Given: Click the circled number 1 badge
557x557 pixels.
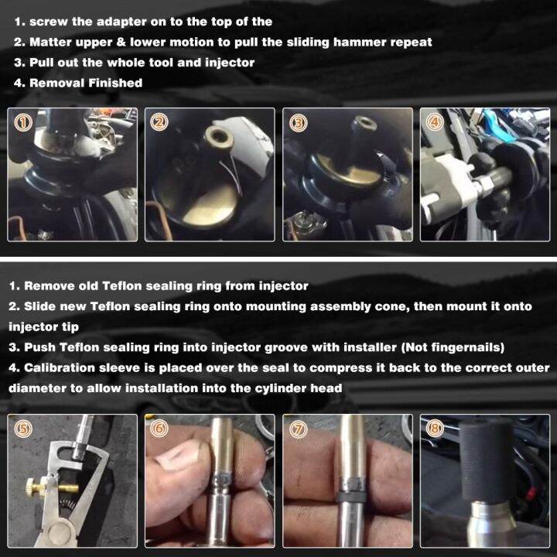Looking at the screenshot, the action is pos(23,122).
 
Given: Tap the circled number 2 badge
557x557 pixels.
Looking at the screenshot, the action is pos(159,122).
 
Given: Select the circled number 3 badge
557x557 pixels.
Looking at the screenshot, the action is pos(298,123).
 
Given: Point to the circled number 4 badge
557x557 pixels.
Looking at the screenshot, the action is pos(434,122).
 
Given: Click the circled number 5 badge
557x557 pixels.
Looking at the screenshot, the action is pos(22,429).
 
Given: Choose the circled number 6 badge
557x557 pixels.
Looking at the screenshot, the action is pos(159,429).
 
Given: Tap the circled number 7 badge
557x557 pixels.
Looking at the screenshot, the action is pos(298,429).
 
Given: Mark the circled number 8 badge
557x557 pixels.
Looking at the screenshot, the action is pos(435,429).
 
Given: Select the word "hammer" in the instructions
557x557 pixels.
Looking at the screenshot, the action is pos(360,43).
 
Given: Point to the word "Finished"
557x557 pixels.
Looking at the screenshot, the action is pos(115,83).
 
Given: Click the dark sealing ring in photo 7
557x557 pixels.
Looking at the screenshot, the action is pos(351,497).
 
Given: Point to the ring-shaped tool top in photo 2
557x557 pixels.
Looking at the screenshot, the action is pos(219,136).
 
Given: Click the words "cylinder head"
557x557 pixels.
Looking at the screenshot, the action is pos(299,388).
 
